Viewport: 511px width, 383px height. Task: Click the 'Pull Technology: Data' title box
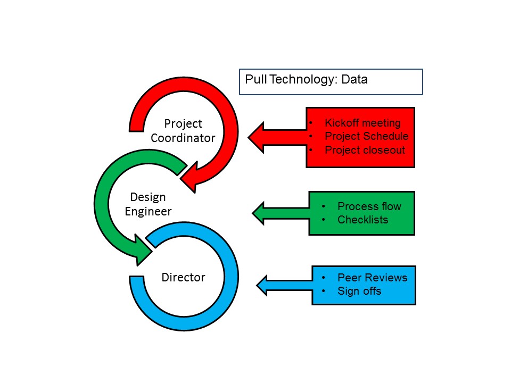[331, 82]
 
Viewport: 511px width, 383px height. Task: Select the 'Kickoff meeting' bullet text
[362, 123]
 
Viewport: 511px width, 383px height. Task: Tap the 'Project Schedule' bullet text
[366, 136]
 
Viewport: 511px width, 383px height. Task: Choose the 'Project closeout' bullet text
[365, 149]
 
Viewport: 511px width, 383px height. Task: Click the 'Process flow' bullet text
[369, 206]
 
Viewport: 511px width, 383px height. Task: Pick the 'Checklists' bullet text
[362, 220]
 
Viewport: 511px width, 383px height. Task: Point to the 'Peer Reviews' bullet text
[372, 278]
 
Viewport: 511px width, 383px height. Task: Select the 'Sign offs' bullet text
[359, 291]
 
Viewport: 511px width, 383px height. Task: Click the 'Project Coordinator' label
[183, 131]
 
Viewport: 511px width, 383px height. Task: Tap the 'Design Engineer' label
[148, 204]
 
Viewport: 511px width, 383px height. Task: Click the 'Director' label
[183, 277]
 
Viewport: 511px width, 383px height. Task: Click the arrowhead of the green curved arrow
[143, 250]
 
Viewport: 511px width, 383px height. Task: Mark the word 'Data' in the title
[355, 80]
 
